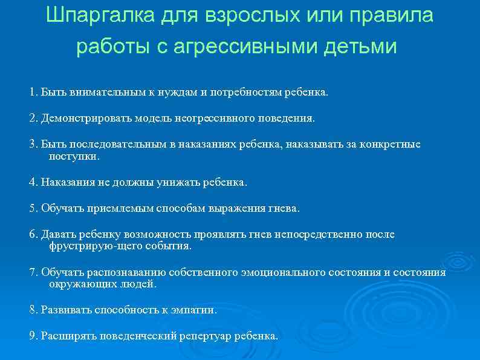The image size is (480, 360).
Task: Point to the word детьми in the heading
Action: click(360, 47)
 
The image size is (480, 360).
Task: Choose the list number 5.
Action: click(33, 208)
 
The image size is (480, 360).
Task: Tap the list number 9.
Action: click(33, 336)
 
